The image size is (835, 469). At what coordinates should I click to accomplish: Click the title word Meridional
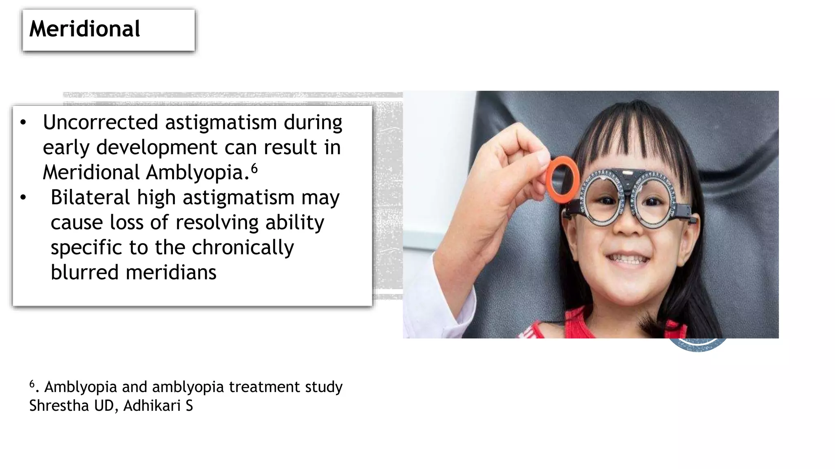[x=85, y=29]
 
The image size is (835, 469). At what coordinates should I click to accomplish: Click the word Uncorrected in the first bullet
[x=101, y=123]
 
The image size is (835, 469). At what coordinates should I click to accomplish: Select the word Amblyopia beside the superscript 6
[x=197, y=172]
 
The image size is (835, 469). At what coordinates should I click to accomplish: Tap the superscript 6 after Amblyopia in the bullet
[x=254, y=168]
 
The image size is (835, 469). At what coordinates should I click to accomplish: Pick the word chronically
[x=243, y=248]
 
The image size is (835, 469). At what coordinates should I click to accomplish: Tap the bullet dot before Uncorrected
[x=23, y=123]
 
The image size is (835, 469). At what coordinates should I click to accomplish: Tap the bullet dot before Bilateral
[x=23, y=198]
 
